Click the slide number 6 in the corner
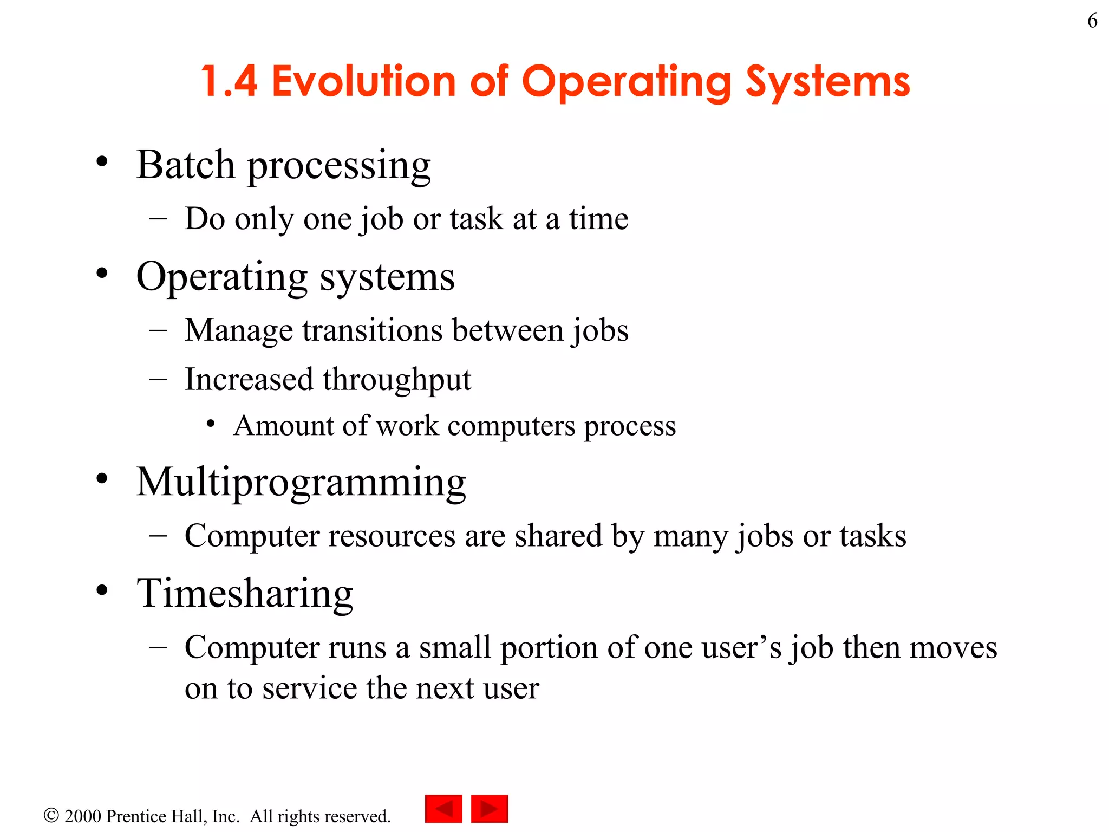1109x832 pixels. pyautogui.click(x=1092, y=21)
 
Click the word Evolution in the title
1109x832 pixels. pyautogui.click(x=363, y=81)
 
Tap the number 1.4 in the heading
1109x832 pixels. pyautogui.click(x=229, y=81)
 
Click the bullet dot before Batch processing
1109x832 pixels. pyautogui.click(x=102, y=161)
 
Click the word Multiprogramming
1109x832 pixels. pyautogui.click(x=301, y=482)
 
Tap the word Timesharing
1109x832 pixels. pyautogui.click(x=245, y=594)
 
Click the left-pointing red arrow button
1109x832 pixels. pyautogui.click(x=443, y=809)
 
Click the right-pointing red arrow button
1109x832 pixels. pyautogui.click(x=490, y=809)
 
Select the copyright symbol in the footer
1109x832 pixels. pyautogui.click(x=51, y=815)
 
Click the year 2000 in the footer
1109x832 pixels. pyautogui.click(x=83, y=816)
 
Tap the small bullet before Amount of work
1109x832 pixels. pyautogui.click(x=211, y=424)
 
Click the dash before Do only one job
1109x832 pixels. pyautogui.click(x=158, y=219)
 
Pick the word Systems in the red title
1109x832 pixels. pyautogui.click(x=828, y=81)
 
